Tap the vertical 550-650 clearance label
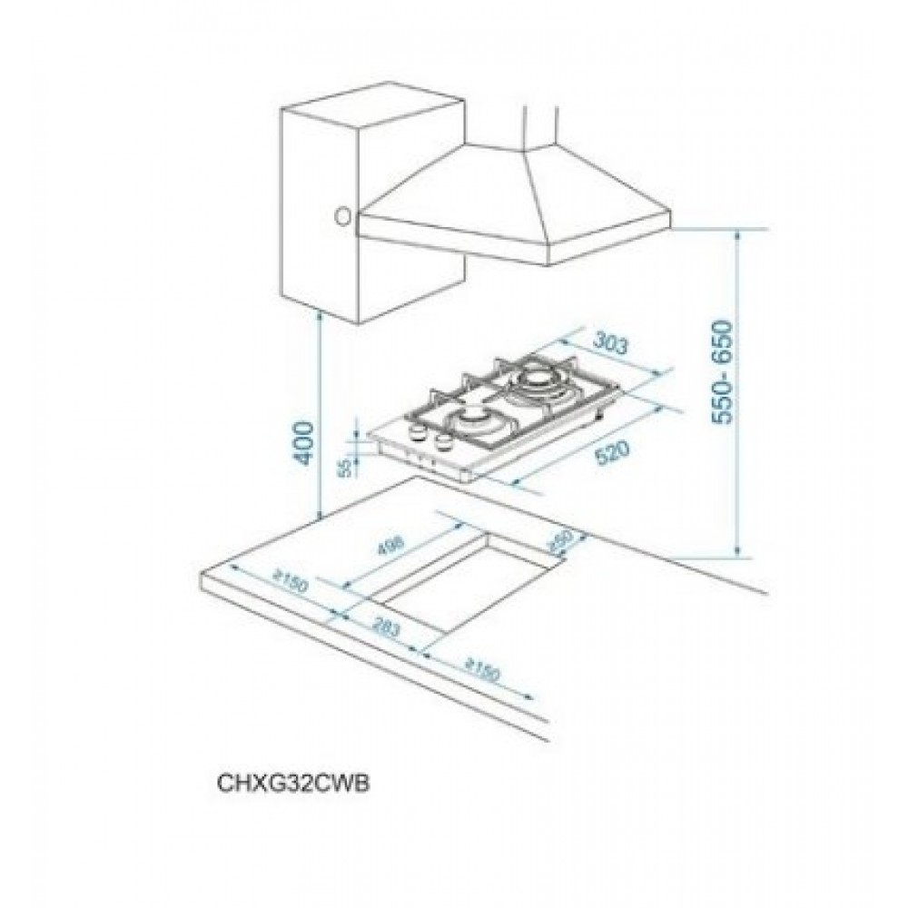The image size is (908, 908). click(725, 372)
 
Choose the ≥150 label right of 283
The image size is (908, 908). click(481, 673)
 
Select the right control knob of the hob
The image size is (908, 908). click(444, 442)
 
